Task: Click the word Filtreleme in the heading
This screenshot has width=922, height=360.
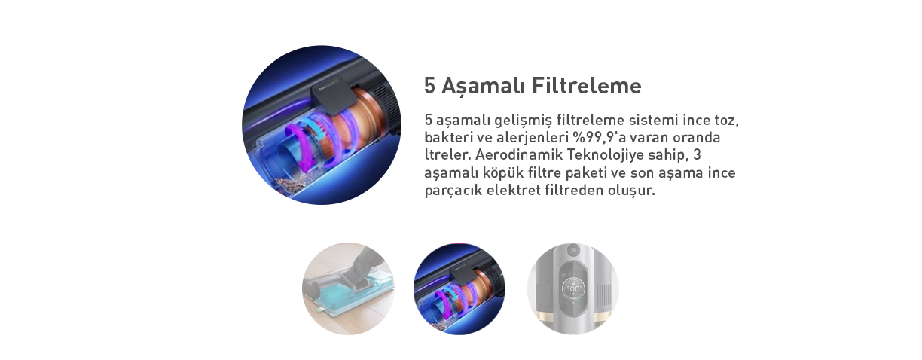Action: tap(587, 86)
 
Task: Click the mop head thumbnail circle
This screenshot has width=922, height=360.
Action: tap(348, 288)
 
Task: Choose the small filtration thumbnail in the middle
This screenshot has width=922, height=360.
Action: tap(459, 288)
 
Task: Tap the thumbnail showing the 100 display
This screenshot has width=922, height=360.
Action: tap(573, 288)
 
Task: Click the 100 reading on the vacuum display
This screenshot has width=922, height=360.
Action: tap(573, 288)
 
